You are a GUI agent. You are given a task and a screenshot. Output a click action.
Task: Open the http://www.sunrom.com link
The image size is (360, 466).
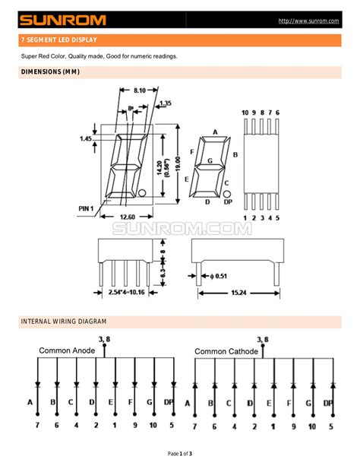point(308,21)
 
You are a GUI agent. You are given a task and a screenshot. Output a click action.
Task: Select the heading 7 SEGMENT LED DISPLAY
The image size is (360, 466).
point(58,40)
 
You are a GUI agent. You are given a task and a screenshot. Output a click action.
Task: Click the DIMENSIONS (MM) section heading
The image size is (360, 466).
point(49,72)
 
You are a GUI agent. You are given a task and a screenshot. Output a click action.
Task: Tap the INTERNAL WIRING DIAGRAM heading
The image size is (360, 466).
point(63,322)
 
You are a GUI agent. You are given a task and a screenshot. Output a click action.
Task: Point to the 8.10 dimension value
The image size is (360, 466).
point(137,89)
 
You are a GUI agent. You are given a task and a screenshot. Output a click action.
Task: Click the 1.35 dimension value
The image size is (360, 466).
point(166,102)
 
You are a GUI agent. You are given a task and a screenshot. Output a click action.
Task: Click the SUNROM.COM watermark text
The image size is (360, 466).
point(182,228)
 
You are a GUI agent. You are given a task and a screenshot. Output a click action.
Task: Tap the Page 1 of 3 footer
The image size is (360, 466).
point(180,454)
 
